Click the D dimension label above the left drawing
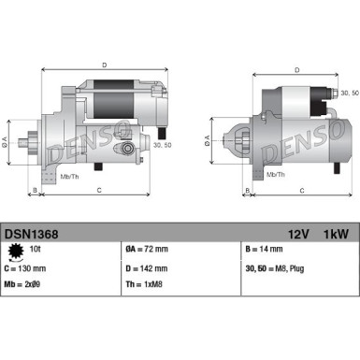[104, 65]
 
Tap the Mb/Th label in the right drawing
[275, 174]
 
